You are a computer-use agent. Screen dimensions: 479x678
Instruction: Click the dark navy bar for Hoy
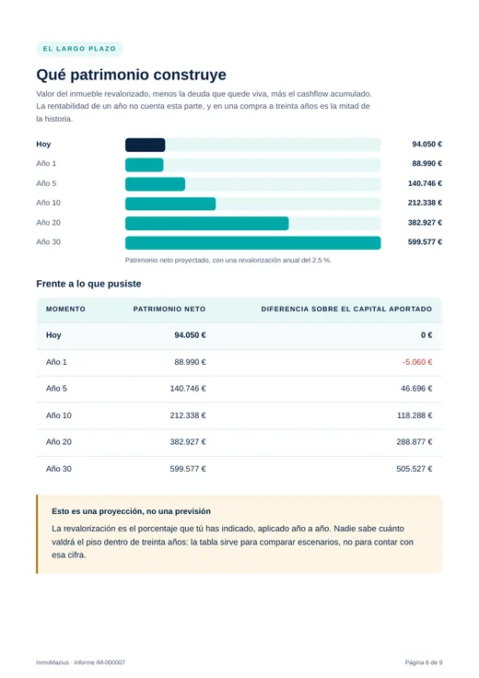[146, 145]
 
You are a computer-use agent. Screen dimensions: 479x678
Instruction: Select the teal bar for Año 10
[170, 204]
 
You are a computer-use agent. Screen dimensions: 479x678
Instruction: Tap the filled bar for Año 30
[253, 243]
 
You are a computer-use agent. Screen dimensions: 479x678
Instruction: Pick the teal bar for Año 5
[155, 184]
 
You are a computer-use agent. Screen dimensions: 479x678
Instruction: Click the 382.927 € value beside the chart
[425, 223]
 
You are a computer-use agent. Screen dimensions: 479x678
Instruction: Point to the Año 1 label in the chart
[46, 163]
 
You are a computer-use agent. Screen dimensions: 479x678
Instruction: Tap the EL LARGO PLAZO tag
[79, 49]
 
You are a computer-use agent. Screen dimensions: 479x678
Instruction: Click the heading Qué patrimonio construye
[132, 75]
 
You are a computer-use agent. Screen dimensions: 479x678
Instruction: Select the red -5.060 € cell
[417, 362]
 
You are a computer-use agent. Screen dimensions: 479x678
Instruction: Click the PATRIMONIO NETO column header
[169, 310]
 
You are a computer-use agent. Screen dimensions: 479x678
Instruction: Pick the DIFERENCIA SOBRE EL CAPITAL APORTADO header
[346, 310]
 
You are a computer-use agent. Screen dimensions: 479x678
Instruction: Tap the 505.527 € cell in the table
[415, 469]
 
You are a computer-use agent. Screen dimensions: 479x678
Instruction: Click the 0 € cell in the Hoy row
[426, 335]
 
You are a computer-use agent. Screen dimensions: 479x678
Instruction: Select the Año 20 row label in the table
[59, 442]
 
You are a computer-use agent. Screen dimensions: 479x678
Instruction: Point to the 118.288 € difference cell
[415, 415]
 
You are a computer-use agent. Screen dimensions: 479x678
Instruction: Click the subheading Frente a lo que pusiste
[88, 284]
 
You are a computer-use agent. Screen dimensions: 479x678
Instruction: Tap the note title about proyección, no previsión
[132, 511]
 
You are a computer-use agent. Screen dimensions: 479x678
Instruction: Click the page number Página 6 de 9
[424, 662]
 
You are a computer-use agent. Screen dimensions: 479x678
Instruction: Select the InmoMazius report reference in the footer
[81, 662]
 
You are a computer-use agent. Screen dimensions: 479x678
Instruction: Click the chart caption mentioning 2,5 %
[228, 261]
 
